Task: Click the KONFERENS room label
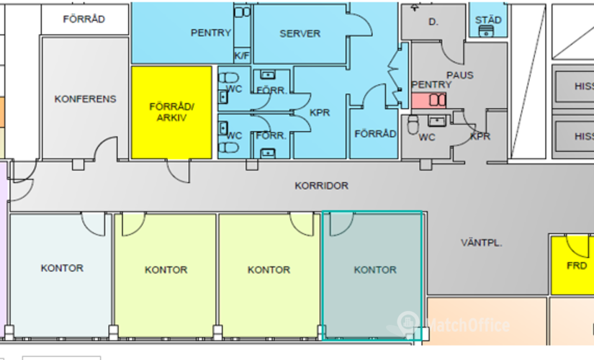click(85, 99)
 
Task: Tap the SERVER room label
click(300, 33)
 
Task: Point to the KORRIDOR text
click(321, 185)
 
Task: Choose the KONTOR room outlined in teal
click(374, 274)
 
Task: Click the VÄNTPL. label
click(482, 243)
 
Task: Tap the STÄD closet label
click(488, 20)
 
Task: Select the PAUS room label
click(459, 75)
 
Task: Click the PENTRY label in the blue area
click(211, 33)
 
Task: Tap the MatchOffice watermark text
click(468, 325)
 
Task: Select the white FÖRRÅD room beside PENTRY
click(84, 19)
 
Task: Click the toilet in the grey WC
click(413, 127)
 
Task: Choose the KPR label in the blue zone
click(320, 113)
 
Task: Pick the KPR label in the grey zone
click(480, 136)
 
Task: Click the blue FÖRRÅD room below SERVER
click(374, 133)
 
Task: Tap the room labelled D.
click(433, 22)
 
